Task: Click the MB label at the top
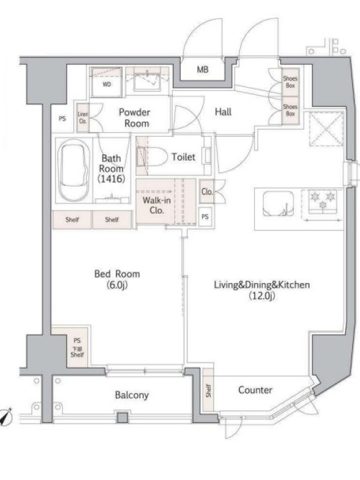coord(203,70)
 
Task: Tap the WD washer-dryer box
coord(107,82)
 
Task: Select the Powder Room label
coord(134,118)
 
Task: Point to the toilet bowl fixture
coord(152,157)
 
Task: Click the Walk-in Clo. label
coord(157,205)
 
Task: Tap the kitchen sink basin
coord(278,203)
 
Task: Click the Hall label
coord(223,112)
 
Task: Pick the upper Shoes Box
coord(290,82)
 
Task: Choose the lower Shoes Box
coord(290,110)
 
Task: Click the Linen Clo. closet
coord(83,118)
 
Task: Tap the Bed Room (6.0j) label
coord(117,279)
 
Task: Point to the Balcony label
coord(132,395)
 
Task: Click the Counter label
coord(256,390)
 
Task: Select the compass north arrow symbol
coord(5,416)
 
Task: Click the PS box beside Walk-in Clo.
coord(205,217)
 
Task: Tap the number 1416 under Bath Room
coord(112,179)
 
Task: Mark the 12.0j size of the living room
coord(262,296)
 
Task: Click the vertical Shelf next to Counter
coord(208,391)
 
